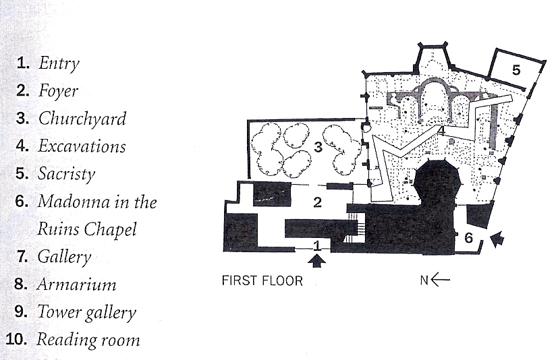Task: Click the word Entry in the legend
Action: tap(59, 64)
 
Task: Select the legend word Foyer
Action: tap(58, 92)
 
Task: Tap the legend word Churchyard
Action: tap(82, 119)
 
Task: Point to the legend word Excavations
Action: tap(82, 146)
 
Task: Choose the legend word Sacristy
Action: tap(67, 174)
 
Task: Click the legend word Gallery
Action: tap(64, 257)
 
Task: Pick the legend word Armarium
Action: tap(76, 284)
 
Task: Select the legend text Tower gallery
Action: tap(86, 312)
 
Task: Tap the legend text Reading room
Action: tap(88, 339)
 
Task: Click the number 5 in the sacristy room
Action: tap(515, 69)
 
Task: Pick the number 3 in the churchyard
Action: tap(317, 147)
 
